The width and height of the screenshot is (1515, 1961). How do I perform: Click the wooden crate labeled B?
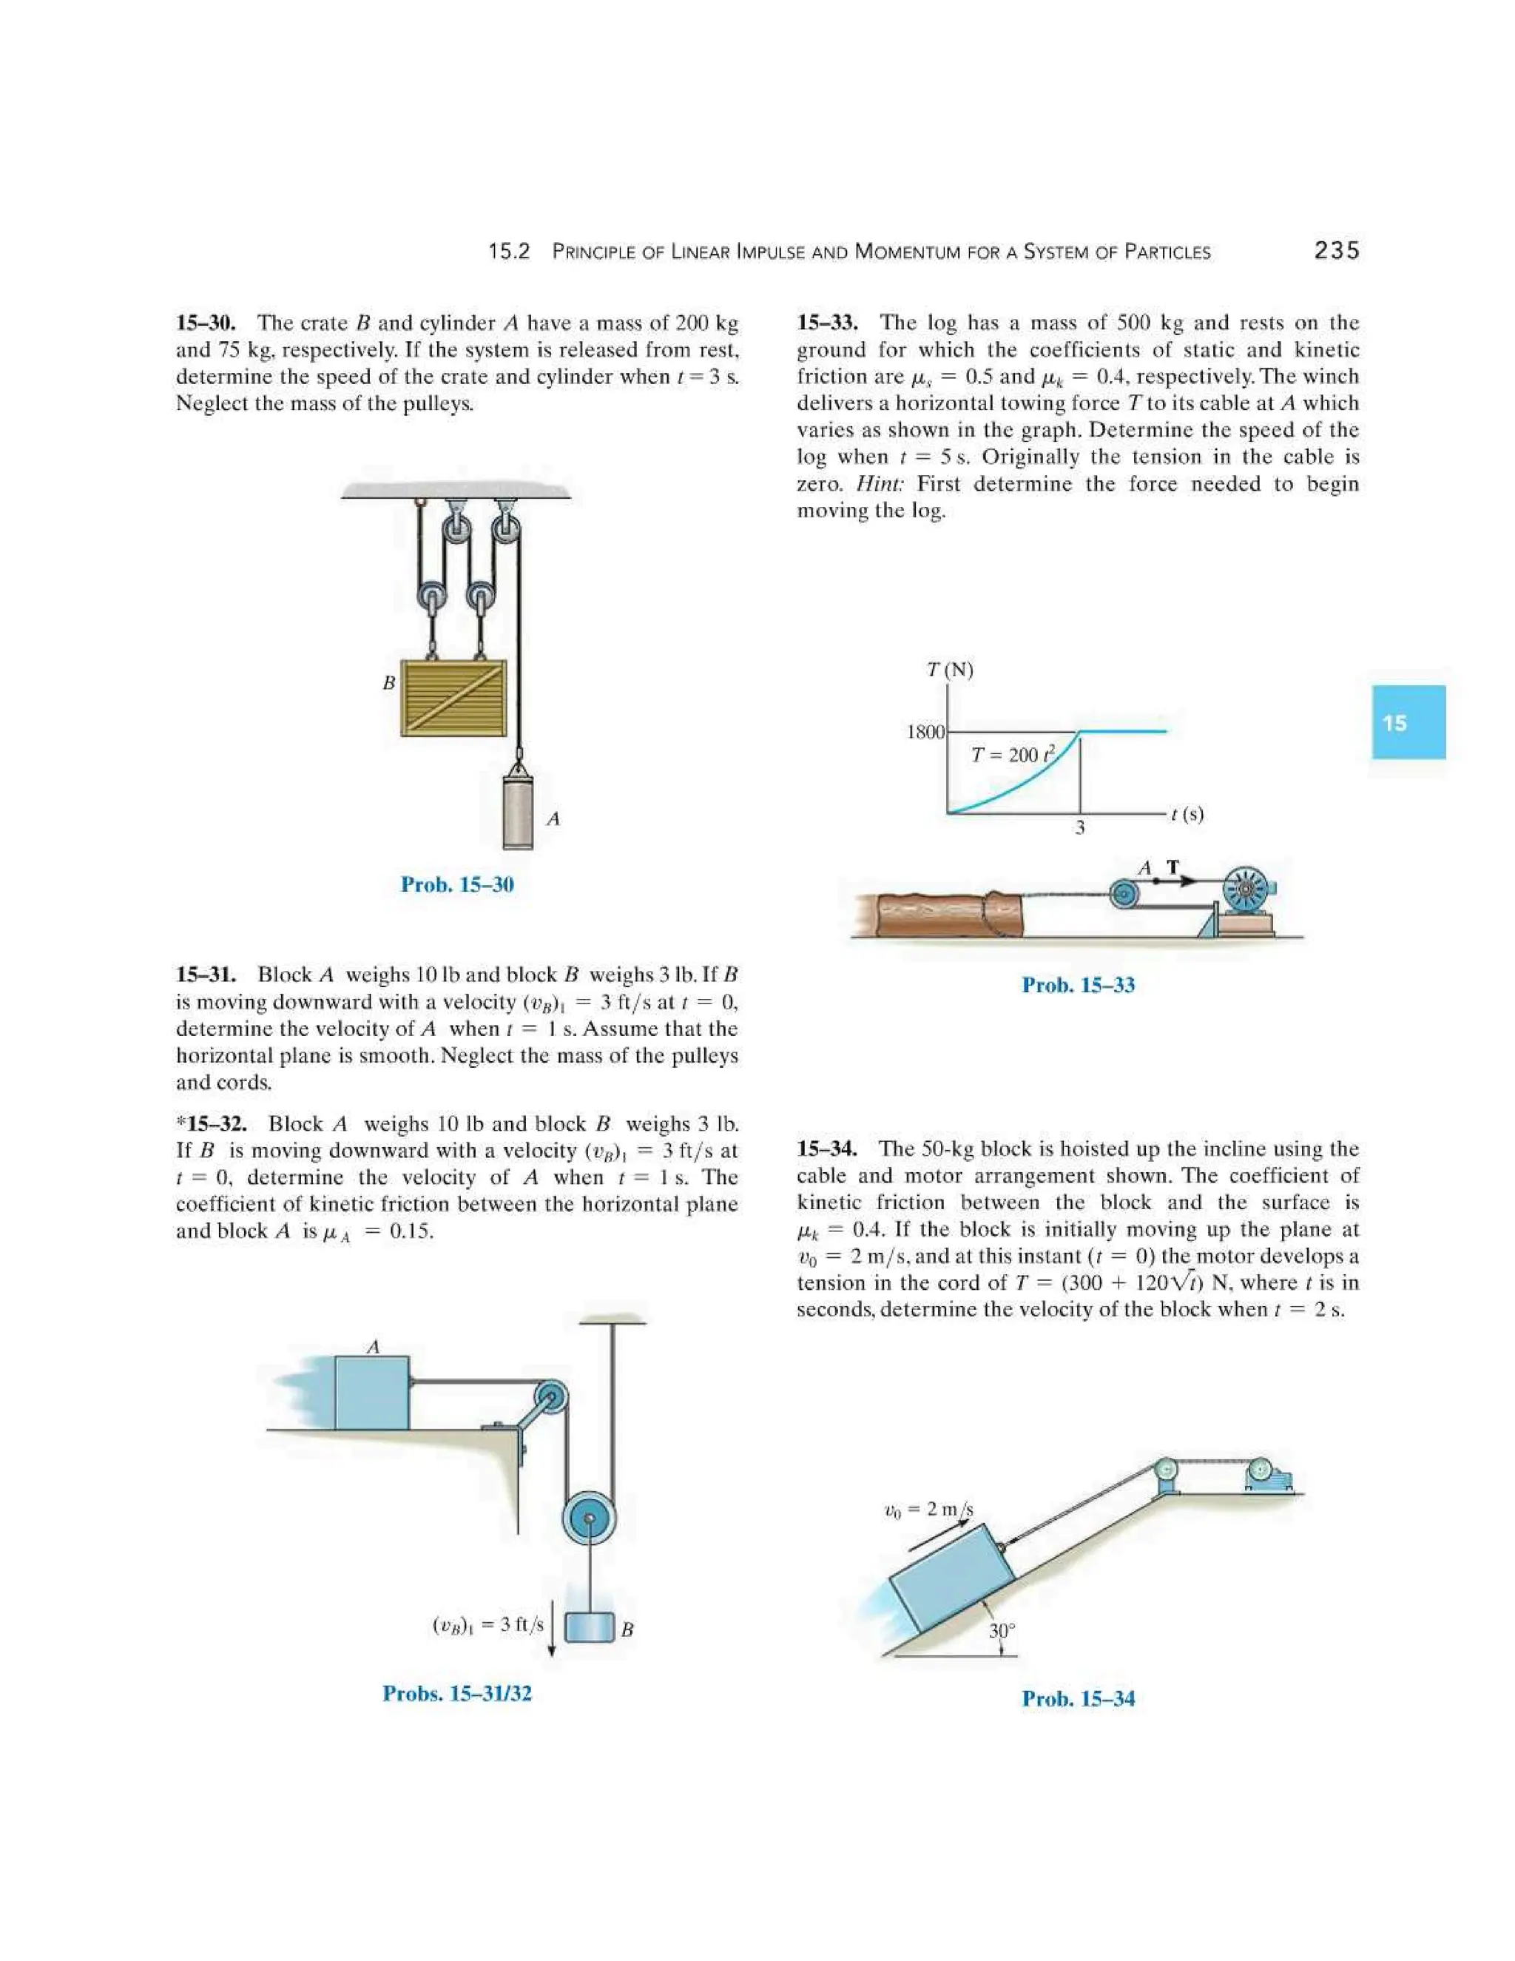tap(453, 698)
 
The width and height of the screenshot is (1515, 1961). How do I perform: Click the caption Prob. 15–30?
tap(457, 884)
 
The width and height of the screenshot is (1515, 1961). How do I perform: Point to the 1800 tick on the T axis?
tap(925, 732)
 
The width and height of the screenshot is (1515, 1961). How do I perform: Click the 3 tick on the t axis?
tap(1080, 828)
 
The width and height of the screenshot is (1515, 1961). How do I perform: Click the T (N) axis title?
tap(950, 670)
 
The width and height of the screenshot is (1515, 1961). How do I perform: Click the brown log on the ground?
tap(938, 915)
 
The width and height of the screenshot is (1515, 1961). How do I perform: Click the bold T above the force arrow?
tap(1172, 867)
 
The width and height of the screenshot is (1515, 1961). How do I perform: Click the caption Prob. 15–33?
tap(1078, 985)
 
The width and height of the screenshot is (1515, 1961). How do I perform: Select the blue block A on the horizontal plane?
tap(371, 1393)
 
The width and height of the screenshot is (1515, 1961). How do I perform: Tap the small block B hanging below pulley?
tap(589, 1627)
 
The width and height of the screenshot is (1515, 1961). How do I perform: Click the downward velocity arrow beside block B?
tap(552, 1627)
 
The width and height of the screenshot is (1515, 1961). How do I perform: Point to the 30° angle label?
tap(1002, 1630)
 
